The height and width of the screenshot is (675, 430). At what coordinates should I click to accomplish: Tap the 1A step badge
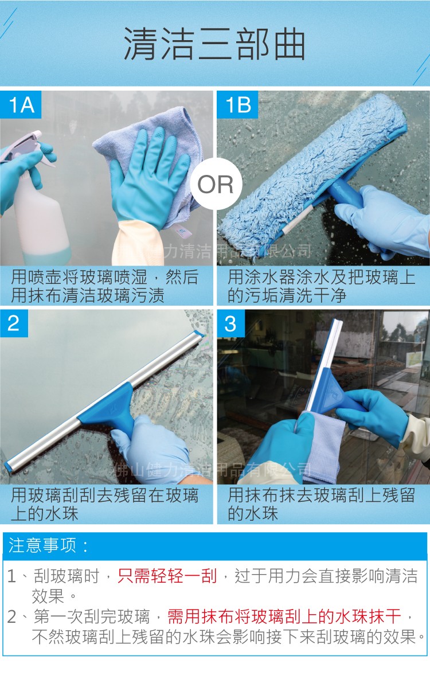pos(22,104)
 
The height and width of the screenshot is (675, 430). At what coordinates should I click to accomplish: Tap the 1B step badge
pos(238,104)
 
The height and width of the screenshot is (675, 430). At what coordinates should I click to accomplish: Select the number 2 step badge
pos(14,323)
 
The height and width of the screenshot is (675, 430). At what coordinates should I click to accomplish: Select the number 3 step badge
pos(230,323)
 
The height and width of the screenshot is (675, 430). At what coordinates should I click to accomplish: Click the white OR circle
pos(215,185)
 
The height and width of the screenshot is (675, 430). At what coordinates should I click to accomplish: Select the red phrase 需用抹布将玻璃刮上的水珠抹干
pos(284,617)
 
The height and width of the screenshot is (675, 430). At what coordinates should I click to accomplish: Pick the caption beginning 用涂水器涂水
pos(322,286)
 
